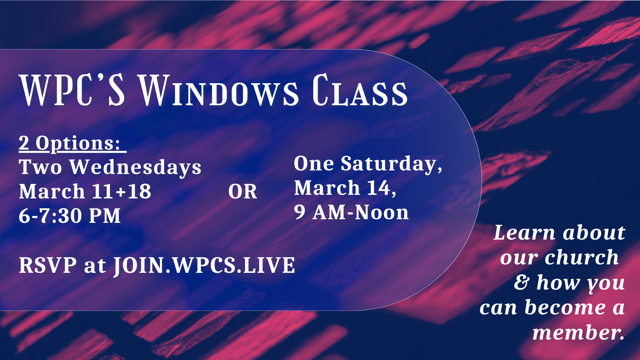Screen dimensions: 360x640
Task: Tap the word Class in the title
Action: [360, 92]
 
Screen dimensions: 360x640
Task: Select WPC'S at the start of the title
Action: [72, 91]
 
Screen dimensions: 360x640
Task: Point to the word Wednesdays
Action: [136, 167]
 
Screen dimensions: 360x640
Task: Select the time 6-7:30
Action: [50, 216]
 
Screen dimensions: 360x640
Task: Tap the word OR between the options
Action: [242, 192]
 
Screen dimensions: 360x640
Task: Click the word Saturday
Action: [390, 164]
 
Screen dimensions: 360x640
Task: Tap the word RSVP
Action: [48, 266]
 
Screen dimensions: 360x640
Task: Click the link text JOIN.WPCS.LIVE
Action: [204, 266]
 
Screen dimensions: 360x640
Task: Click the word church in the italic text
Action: [582, 258]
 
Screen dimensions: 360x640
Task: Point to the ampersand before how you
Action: [521, 282]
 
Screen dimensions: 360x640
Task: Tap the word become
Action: [565, 308]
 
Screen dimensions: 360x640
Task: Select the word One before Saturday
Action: [314, 164]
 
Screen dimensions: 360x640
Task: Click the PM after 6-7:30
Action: [105, 216]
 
